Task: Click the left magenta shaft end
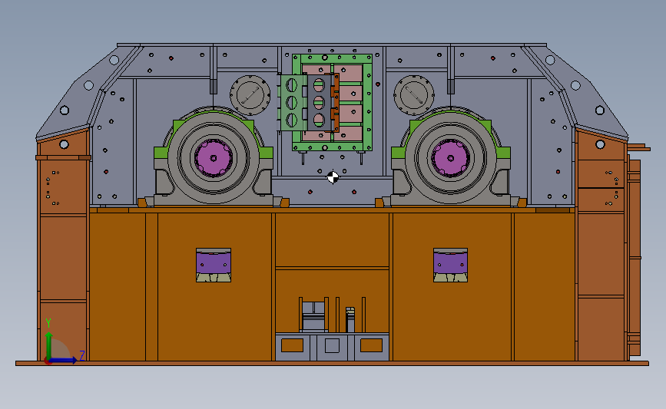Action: point(214,158)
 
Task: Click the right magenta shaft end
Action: point(450,158)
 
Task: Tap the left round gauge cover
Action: point(250,95)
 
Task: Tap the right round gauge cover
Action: point(414,95)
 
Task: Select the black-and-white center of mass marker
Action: point(333,177)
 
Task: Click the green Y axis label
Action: point(48,323)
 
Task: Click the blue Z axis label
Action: point(82,355)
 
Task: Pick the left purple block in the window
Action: point(214,262)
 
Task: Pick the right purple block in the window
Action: point(451,262)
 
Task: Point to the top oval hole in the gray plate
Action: point(319,85)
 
